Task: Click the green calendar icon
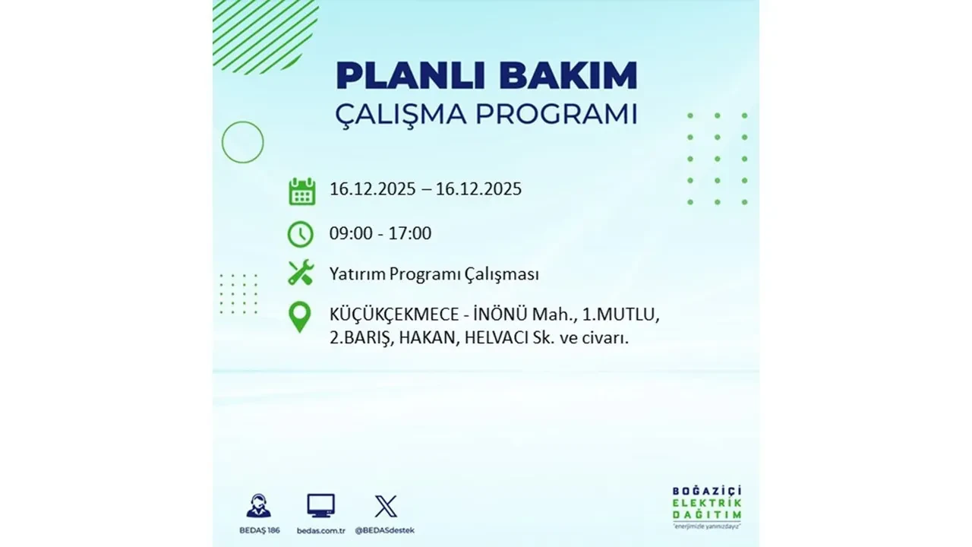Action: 301,191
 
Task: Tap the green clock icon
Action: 301,233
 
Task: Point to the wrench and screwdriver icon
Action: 301,273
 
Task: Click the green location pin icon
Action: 301,318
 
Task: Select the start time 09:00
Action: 351,233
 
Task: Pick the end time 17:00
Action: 409,233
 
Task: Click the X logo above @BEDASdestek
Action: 386,506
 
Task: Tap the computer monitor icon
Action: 320,506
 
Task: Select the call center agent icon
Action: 258,506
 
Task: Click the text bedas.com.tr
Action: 320,530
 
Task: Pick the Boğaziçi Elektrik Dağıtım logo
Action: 707,506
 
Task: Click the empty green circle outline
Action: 242,142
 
